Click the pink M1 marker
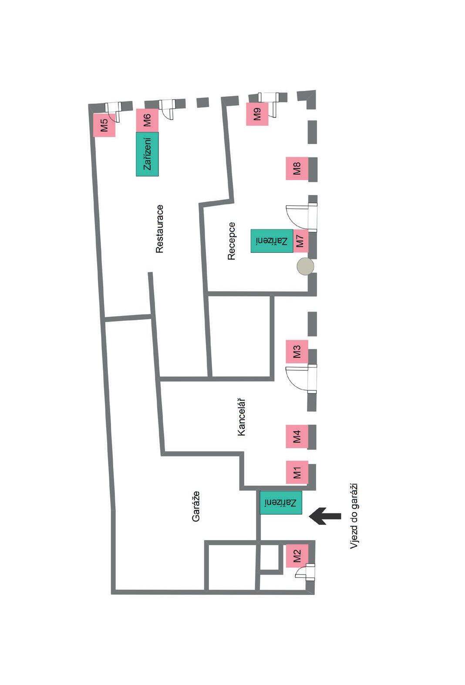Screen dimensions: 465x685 tap(297, 472)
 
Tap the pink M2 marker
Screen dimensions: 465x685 tap(297, 556)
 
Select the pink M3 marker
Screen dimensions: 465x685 tap(297, 352)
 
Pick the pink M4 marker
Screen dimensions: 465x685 tap(297, 437)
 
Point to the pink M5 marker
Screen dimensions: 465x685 tap(104, 125)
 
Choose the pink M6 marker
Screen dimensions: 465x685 tap(147, 120)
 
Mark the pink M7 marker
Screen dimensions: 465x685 tap(300, 241)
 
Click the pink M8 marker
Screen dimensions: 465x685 tap(297, 168)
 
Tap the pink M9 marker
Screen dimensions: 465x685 tap(257, 114)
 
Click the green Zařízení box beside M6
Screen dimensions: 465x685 tap(147, 154)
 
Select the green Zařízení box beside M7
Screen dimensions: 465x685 tap(272, 241)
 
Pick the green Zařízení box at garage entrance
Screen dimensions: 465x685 tap(281, 503)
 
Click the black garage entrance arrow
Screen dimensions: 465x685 tap(325, 516)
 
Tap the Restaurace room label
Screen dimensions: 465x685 tap(159, 229)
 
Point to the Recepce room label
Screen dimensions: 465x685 tap(231, 241)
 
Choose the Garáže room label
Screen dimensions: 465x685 tap(196, 507)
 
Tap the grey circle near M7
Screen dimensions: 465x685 tap(305, 266)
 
